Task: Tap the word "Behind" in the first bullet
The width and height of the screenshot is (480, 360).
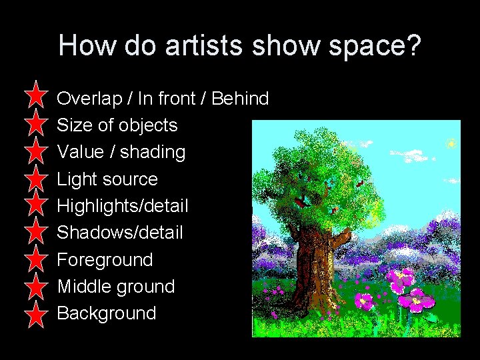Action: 240,99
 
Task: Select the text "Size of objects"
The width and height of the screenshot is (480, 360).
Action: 117,125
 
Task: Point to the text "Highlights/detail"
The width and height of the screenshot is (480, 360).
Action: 123,206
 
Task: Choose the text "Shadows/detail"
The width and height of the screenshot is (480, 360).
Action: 119,233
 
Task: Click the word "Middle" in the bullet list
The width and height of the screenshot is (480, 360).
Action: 83,287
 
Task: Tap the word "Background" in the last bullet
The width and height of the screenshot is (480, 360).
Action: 107,313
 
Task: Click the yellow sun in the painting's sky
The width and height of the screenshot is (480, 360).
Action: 451,143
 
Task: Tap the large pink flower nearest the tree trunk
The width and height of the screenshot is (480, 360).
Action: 364,301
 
